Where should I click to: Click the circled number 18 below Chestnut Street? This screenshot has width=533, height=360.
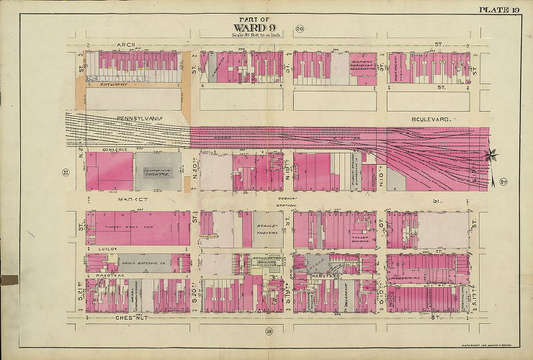pos(267,331)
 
